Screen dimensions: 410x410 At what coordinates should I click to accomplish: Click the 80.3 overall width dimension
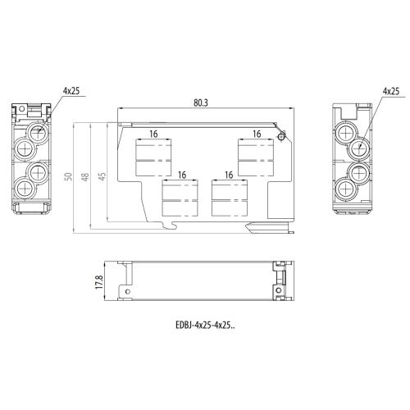click(x=201, y=102)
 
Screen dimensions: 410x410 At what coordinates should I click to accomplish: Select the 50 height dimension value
click(x=69, y=176)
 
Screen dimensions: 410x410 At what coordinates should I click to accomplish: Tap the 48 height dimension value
click(x=85, y=177)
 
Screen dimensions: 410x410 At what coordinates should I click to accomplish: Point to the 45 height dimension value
click(x=102, y=176)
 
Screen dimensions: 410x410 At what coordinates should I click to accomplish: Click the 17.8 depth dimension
click(x=99, y=282)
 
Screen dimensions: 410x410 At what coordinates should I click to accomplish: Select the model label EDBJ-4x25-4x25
click(x=205, y=326)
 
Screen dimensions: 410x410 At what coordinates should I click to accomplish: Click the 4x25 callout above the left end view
click(x=71, y=91)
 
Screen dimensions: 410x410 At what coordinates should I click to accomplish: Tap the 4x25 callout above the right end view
click(x=391, y=91)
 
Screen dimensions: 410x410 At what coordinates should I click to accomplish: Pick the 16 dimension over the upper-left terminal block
click(x=153, y=134)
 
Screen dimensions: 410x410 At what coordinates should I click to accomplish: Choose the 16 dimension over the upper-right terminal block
click(x=257, y=134)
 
